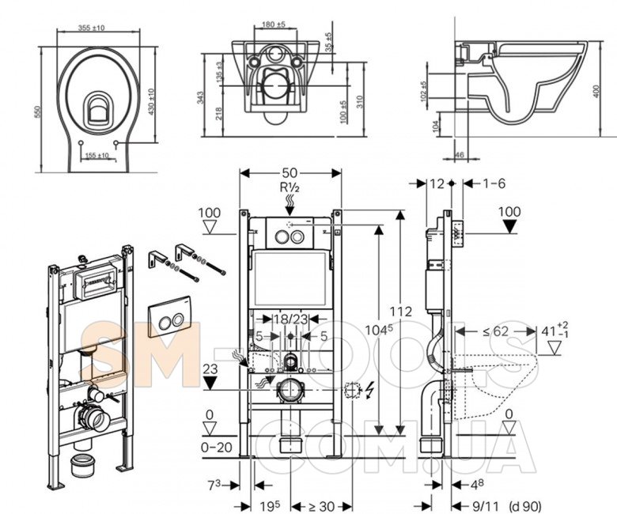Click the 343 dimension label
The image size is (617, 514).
tap(202, 97)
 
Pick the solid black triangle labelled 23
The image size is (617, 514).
tap(210, 384)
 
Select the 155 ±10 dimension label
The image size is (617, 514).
tap(97, 156)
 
